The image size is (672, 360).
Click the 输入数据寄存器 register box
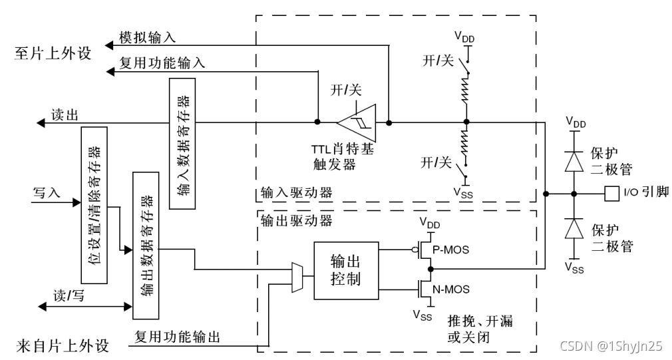pyautogui.click(x=184, y=142)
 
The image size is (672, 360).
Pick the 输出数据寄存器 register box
pyautogui.click(x=146, y=244)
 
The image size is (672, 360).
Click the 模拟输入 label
pyautogui.click(x=147, y=38)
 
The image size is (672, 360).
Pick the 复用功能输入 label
pyautogui.click(x=162, y=63)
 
